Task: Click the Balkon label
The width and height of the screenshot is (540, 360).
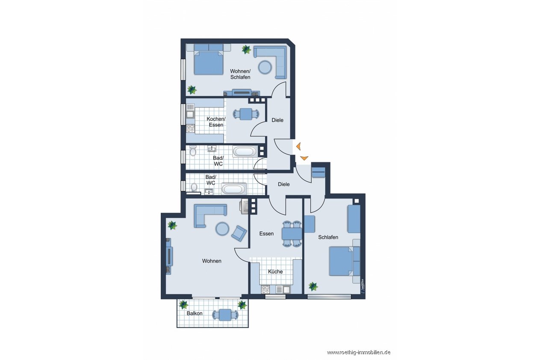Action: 194,313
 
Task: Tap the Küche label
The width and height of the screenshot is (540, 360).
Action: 275,271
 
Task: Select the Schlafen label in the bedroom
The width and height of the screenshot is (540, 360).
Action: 328,237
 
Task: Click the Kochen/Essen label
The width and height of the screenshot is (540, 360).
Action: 216,122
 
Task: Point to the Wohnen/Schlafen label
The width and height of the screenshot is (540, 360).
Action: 240,74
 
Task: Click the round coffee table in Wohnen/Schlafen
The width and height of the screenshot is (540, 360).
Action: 265,67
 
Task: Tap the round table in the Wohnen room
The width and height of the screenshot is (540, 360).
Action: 222,229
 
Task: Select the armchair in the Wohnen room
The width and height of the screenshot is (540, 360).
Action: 239,233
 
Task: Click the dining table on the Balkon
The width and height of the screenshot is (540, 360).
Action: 225,315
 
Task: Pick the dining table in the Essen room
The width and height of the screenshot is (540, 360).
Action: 292,233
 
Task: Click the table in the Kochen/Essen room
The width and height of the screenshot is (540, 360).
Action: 246,114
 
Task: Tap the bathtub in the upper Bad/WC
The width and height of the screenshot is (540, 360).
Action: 245,152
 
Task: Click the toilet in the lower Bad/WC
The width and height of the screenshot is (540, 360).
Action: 194,187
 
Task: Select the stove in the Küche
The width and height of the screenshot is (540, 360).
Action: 266,289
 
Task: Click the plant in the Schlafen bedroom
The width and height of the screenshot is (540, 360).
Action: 313,286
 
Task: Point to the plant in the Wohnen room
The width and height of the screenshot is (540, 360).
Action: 172,225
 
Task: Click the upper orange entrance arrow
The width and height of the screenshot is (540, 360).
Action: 299,146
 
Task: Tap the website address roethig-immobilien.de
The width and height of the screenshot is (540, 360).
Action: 359,353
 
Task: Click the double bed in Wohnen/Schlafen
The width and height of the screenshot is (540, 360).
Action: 208,62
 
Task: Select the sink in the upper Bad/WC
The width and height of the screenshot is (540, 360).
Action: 212,149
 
